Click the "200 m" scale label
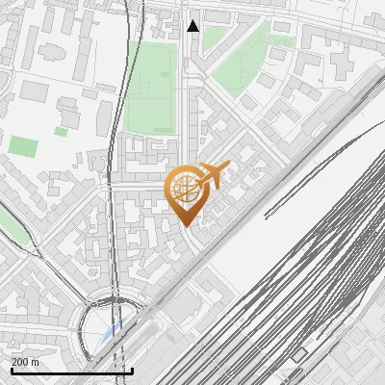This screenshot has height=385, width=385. (x=26, y=362)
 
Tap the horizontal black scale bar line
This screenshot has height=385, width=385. (x=72, y=371)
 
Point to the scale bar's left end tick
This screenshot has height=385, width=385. (x=13, y=368)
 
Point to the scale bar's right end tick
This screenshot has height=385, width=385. (x=132, y=368)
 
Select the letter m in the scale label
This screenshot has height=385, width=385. (x=35, y=362)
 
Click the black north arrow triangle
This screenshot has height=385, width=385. (x=193, y=26)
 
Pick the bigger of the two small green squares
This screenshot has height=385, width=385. (x=23, y=146)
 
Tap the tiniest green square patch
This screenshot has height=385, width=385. (x=62, y=131)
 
